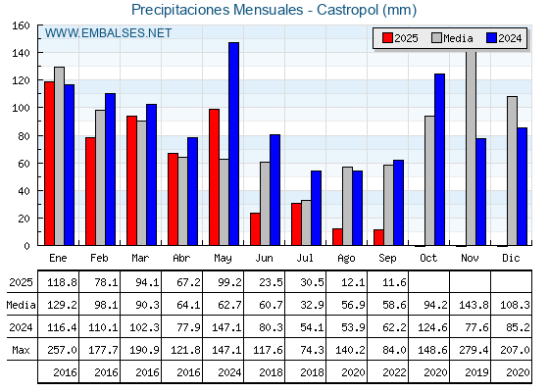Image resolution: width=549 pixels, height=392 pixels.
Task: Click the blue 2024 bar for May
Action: (x=234, y=144)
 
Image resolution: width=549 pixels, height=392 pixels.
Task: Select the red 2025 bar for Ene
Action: (x=49, y=164)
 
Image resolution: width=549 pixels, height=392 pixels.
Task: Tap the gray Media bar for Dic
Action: (x=512, y=171)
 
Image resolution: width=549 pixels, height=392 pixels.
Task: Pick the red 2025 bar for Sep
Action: (x=378, y=237)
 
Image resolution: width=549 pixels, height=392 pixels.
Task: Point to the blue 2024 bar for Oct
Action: (x=440, y=160)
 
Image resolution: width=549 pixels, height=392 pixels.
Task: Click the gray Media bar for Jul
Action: (x=306, y=222)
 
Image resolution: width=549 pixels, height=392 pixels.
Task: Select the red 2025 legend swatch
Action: (x=387, y=38)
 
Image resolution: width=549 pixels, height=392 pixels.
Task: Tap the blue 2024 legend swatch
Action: (x=491, y=38)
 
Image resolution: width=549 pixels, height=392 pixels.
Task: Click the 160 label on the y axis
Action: (x=21, y=25)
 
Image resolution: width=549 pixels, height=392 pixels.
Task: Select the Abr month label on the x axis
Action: (x=181, y=258)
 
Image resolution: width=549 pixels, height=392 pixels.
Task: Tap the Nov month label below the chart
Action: (x=470, y=258)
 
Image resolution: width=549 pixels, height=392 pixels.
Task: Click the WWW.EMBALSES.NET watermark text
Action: (x=108, y=33)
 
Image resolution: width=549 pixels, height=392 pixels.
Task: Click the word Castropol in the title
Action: (x=347, y=10)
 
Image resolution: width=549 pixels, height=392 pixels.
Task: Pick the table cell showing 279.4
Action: (x=474, y=350)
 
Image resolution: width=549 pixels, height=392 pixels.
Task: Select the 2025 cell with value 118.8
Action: (x=62, y=282)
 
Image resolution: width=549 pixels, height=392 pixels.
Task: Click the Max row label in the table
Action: (x=21, y=350)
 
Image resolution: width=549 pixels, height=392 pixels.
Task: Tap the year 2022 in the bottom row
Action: (x=394, y=372)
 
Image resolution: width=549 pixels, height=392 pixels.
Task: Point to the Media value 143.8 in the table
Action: (x=474, y=305)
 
